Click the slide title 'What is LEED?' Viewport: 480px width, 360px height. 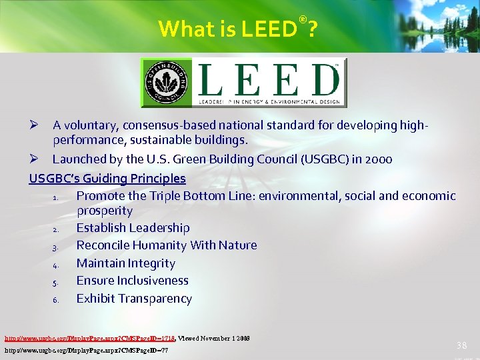pos(237,29)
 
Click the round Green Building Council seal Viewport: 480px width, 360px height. pos(166,83)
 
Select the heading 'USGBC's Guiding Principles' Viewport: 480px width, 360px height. pos(107,178)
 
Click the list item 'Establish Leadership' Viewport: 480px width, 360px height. pos(133,228)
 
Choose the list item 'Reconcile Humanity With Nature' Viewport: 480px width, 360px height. pos(166,245)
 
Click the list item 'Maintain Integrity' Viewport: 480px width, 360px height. pos(125,263)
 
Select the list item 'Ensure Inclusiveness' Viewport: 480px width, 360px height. pos(132,281)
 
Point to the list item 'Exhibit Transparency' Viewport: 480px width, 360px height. pos(134,299)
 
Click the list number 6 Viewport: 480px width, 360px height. pos(56,299)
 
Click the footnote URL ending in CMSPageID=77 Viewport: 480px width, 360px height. pos(86,349)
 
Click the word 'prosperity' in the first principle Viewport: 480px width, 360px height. pos(105,211)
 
